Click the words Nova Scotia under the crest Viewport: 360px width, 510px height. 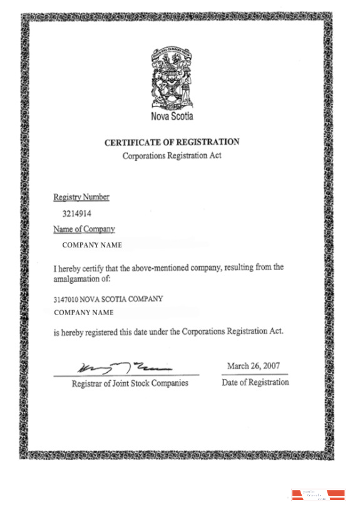(172, 117)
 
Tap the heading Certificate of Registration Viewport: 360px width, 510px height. (172, 142)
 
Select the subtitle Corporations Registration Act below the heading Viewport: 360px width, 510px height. (172, 155)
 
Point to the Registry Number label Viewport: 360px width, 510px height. (81, 197)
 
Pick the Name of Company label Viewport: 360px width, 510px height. (84, 229)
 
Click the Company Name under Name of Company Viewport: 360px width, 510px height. (92, 245)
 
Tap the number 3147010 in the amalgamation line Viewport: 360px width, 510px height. (66, 299)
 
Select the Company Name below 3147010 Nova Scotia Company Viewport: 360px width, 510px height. (84, 313)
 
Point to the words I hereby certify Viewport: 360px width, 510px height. (78, 268)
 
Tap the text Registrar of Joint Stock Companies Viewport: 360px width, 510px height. (130, 383)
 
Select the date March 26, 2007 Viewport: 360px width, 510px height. (253, 366)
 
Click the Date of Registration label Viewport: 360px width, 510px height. (255, 382)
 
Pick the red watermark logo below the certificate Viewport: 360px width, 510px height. (319, 494)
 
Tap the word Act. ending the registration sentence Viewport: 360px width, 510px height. (276, 331)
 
